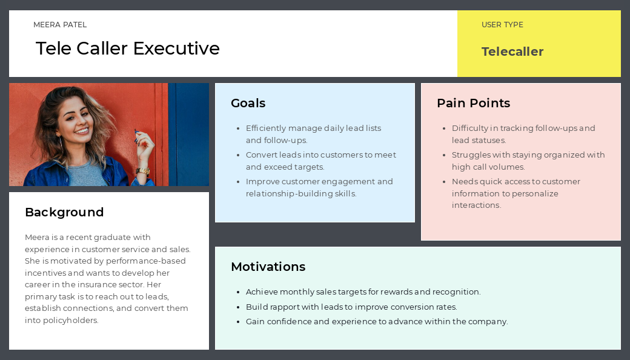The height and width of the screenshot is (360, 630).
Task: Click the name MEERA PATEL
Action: click(60, 24)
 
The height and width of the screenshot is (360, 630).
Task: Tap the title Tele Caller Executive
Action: click(128, 48)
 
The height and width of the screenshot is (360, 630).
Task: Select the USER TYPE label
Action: click(502, 24)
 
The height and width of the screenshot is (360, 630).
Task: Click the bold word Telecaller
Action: click(512, 52)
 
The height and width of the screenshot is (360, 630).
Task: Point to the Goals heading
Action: click(248, 103)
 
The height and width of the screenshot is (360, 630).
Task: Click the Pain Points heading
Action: click(473, 103)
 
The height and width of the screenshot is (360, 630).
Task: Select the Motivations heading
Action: click(268, 267)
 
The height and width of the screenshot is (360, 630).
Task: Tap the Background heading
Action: click(64, 212)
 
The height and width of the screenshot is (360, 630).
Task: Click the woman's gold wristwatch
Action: click(142, 171)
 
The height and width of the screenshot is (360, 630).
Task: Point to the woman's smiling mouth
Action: click(82, 131)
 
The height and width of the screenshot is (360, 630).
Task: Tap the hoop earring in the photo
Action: click(61, 141)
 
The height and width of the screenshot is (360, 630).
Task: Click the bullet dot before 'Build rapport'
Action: click(238, 307)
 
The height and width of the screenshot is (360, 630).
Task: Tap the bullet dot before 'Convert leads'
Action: click(238, 156)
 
